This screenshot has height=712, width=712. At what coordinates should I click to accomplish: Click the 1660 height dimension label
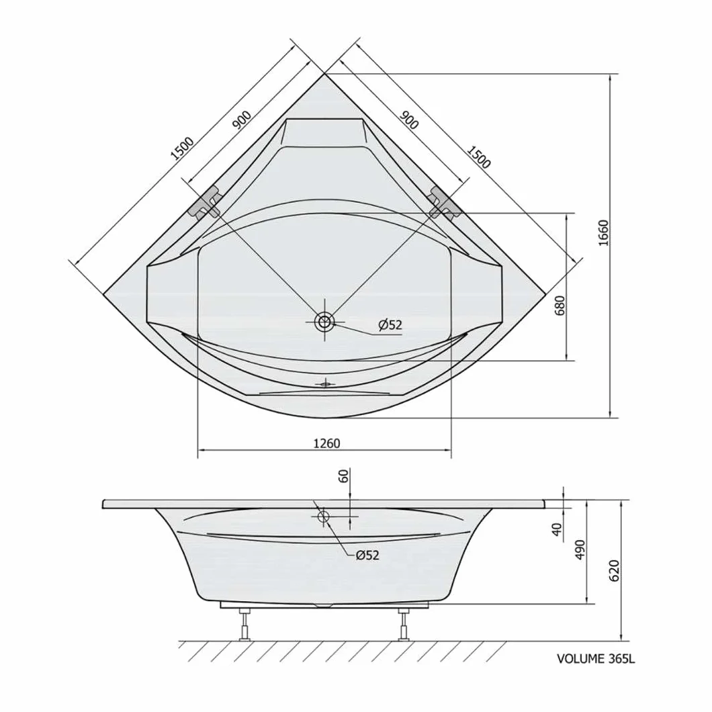(603, 233)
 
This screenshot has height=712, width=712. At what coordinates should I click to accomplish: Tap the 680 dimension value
(560, 305)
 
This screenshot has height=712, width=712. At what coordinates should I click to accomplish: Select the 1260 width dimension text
(326, 443)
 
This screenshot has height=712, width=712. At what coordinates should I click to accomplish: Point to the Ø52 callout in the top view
(390, 324)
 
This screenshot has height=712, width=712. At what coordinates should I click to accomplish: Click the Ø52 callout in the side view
(367, 555)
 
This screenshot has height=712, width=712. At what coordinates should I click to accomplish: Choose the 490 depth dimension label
(580, 549)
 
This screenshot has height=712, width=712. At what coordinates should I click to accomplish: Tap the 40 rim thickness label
(557, 529)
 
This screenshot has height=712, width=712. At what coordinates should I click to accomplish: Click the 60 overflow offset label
(344, 476)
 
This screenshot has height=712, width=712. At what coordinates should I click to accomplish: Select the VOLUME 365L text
(596, 659)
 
